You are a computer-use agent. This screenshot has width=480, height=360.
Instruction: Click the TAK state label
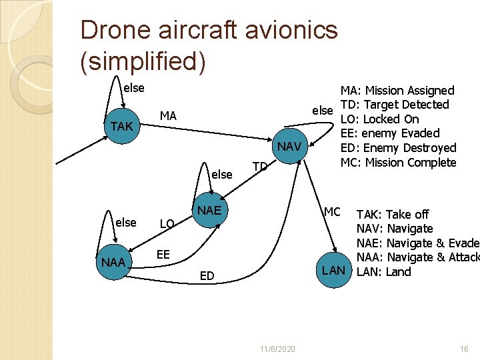(121, 127)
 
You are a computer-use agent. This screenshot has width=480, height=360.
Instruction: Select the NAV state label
(289, 147)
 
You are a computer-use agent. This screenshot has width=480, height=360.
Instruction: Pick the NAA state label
(113, 263)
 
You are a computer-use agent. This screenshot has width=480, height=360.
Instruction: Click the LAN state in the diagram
(333, 270)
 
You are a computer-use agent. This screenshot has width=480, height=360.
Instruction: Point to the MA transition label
(168, 116)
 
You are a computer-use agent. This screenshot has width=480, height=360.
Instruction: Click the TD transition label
(260, 166)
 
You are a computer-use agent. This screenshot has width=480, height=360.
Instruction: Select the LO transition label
(167, 224)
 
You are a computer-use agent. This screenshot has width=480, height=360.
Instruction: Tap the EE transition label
(163, 254)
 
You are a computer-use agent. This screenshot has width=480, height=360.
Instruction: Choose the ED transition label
(207, 276)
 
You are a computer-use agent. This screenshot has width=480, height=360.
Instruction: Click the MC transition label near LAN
(332, 212)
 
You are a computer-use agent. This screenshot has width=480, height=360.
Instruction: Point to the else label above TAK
(133, 87)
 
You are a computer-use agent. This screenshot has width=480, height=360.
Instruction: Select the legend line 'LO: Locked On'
(379, 119)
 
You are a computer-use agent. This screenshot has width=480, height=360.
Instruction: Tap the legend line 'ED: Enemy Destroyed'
(398, 148)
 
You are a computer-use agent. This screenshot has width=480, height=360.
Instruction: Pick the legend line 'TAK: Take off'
(393, 214)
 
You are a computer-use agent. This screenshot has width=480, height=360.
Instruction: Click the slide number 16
(465, 349)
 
